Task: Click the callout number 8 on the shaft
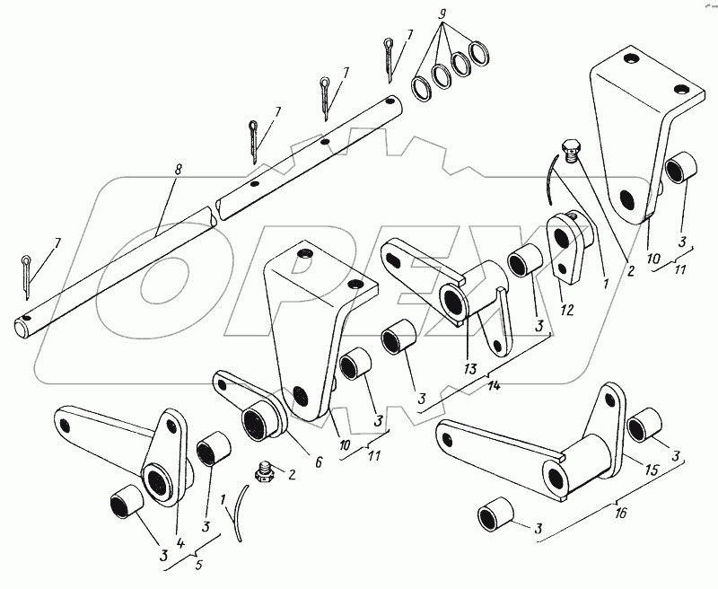(178, 170)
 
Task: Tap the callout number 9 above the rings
(442, 13)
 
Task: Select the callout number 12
(567, 310)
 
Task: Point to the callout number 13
(470, 369)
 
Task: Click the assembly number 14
(494, 386)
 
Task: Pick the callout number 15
(652, 470)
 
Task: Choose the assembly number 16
(620, 513)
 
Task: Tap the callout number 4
(180, 543)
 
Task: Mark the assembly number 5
(198, 565)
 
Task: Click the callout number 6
(319, 462)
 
